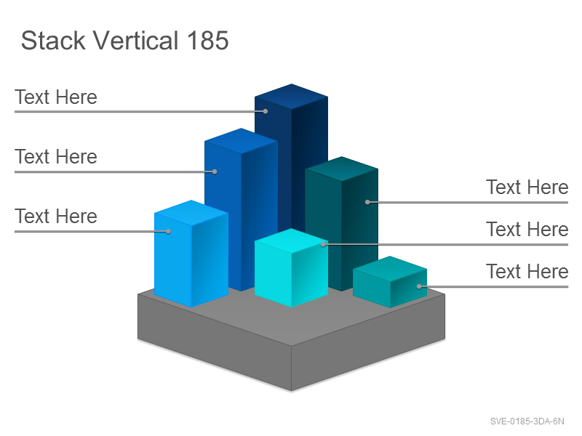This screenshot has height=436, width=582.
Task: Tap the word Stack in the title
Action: pos(53,41)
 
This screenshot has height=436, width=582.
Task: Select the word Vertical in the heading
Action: pos(135,41)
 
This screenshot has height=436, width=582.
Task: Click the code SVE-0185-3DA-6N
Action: pos(527,421)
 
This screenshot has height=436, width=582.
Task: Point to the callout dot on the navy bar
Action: pos(266,111)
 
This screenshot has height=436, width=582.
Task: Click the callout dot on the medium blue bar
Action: pos(215,171)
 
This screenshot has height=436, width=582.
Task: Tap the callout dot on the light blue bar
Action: pos(168,231)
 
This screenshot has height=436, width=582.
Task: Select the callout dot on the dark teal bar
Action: pos(367,202)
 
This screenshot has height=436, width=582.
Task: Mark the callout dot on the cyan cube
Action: pos(323,244)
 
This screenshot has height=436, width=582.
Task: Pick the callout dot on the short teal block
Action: pos(419,286)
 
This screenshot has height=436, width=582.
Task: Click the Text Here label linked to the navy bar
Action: pos(56,97)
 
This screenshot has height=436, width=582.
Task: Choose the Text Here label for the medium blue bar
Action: pos(56,157)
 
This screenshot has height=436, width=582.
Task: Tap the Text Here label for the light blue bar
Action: pos(56,217)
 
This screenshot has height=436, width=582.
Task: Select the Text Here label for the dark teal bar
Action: pos(527,187)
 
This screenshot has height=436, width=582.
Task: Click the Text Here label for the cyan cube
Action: pos(527,230)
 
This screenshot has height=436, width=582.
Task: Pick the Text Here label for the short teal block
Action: pos(527,272)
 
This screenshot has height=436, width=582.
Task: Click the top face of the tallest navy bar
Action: pos(292,97)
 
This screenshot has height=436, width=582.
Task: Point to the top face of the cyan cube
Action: pos(292,241)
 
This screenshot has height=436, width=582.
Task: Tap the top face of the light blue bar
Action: pos(191,213)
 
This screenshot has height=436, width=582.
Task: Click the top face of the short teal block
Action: pos(390,269)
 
